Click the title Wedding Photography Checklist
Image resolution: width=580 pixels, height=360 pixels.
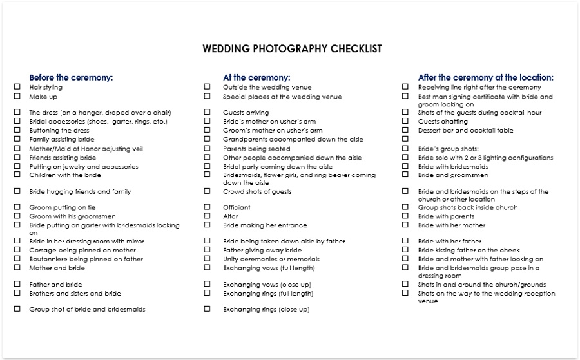point(292,49)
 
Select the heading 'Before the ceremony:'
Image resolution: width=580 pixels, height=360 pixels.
point(71,77)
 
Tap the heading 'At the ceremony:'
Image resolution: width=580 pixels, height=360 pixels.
point(256,77)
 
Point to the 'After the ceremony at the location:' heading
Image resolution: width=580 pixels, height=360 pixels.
point(485,77)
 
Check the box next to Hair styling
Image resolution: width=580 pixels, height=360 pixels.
point(17,86)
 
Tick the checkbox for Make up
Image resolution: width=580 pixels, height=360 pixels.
point(17,96)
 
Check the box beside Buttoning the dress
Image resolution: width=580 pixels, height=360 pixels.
point(17,130)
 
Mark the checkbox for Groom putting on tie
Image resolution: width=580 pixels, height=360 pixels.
point(17,207)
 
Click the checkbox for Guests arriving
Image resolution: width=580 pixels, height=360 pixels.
point(207,111)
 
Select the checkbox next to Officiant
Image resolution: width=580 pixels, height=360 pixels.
point(207,207)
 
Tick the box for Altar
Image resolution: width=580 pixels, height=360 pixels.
point(207,216)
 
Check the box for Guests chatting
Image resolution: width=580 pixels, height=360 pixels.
point(405,120)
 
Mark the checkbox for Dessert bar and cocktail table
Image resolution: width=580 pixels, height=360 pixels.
point(405,129)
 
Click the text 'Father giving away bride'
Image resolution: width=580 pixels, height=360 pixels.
point(262,251)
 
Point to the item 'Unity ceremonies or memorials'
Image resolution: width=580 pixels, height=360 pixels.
point(271,260)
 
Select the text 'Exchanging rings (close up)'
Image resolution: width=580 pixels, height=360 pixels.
point(266,310)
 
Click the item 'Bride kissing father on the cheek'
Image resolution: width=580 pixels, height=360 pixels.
point(469,251)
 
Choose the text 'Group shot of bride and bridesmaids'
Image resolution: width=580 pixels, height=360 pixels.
point(87,310)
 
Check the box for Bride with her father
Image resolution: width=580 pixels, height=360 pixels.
point(405,241)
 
